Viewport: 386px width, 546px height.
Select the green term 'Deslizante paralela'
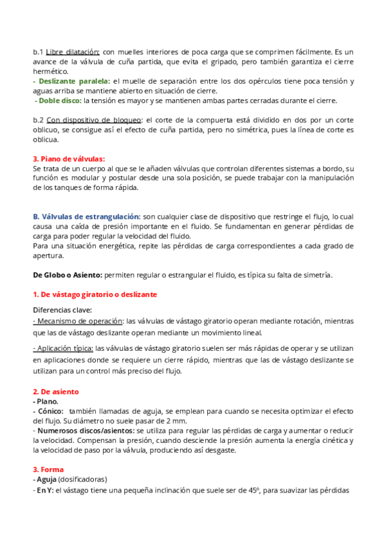point(75,81)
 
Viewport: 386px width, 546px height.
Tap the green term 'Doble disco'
point(60,100)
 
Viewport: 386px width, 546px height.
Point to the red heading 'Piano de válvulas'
point(69,158)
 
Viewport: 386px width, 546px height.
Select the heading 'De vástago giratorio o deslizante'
point(95,294)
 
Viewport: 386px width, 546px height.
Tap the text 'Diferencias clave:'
point(62,310)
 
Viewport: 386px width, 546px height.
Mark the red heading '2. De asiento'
point(55,391)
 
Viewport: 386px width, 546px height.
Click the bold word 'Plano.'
point(47,401)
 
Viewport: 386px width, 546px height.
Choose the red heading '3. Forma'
point(48,469)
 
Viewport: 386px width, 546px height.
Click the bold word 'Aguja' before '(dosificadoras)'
point(46,479)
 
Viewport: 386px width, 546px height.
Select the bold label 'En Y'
point(44,489)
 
